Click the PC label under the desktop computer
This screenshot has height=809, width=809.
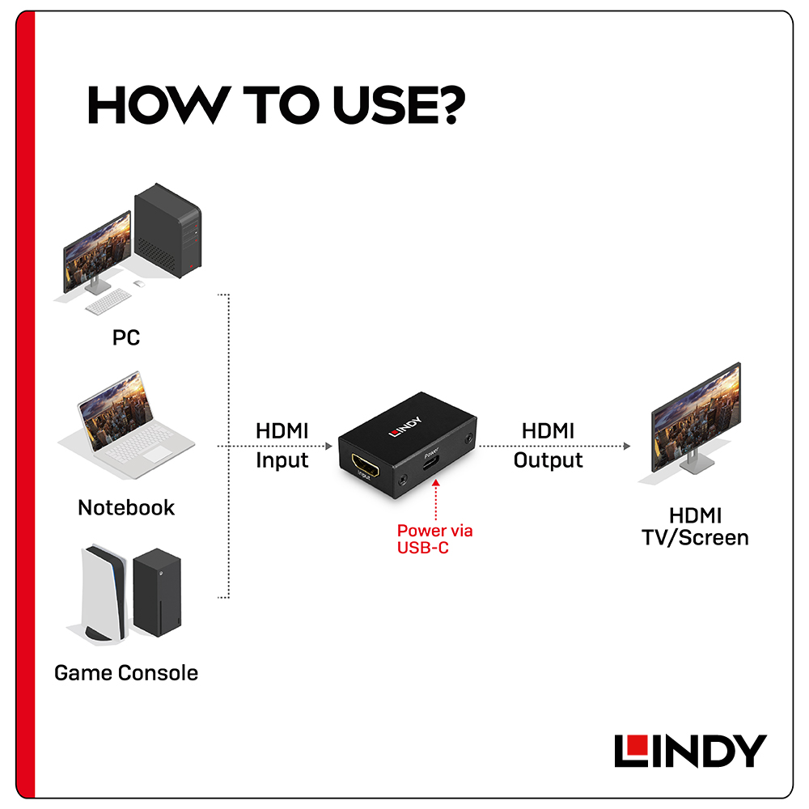[x=126, y=337]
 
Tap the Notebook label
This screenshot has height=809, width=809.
[x=126, y=508]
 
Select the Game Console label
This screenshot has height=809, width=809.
[x=126, y=673]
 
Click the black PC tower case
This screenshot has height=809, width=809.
[x=167, y=231]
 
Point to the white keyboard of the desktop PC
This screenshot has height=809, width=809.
[x=108, y=301]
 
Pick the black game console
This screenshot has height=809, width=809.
[x=158, y=592]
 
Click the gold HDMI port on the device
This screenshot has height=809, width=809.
[x=366, y=464]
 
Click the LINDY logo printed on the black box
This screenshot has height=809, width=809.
[x=405, y=426]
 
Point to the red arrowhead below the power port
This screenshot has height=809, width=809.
[x=436, y=483]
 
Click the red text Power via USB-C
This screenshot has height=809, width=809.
[x=434, y=539]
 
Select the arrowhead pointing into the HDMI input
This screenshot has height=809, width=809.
[x=328, y=446]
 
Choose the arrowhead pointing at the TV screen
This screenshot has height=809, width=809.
[x=627, y=446]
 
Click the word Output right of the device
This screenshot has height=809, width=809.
[x=548, y=460]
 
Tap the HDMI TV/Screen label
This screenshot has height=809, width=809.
[x=695, y=527]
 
